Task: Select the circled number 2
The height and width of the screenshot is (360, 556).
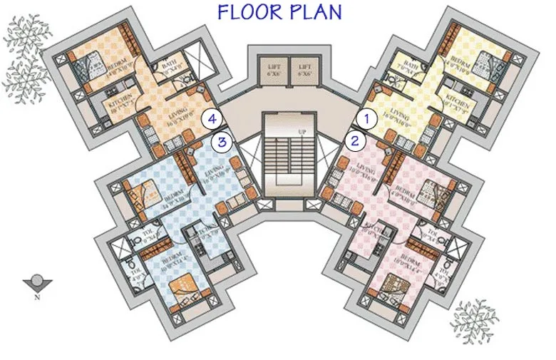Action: point(354,140)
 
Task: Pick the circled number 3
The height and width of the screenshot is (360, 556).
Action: point(223,141)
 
